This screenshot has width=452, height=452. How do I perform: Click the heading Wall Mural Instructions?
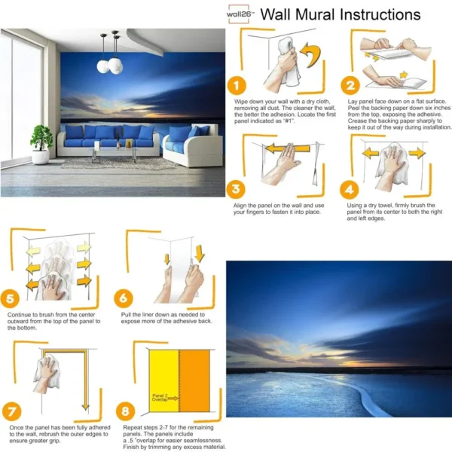341,15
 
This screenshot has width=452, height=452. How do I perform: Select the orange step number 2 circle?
348,86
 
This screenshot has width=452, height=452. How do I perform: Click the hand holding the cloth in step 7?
49,371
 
